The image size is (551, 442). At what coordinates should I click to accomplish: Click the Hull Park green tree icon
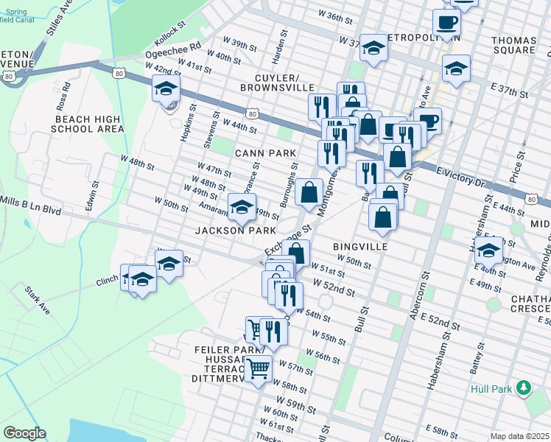click(524, 387)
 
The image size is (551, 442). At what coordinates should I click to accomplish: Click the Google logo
click(24, 433)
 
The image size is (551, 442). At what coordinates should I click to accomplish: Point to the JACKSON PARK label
click(235, 231)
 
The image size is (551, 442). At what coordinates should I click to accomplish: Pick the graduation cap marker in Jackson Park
click(241, 208)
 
